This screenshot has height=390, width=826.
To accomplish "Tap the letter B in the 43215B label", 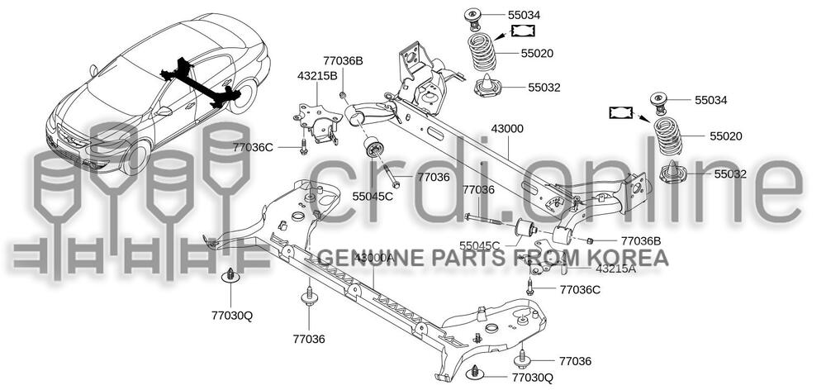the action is point(334,75).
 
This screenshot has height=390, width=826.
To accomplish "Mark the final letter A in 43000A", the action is point(389,258).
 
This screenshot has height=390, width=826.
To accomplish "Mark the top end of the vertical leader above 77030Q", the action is point(230,283).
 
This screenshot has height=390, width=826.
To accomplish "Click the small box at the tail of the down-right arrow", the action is point(621,112).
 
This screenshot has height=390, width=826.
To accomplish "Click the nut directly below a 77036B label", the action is point(343,95).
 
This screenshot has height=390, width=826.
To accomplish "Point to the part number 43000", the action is point(507,129).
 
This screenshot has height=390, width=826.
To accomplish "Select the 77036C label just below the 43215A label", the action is point(580,289).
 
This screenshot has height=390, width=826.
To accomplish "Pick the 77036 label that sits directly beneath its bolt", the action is point(309,339).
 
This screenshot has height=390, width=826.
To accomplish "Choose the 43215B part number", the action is point(317,75).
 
